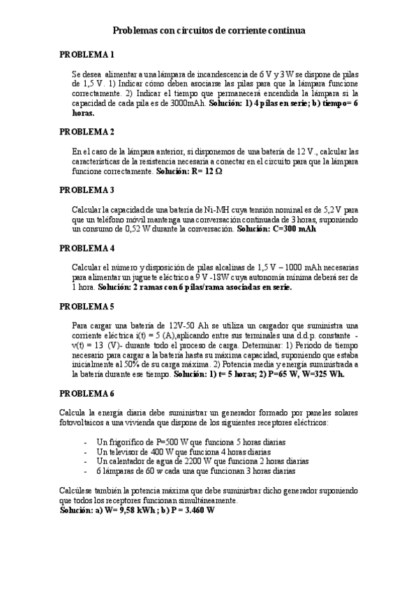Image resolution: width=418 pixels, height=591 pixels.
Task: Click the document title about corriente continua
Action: point(209,31)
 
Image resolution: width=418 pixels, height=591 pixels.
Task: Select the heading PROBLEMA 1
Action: point(87,54)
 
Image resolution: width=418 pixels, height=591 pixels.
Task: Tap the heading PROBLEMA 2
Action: point(87,132)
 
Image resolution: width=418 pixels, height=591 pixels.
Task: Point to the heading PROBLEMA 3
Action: point(87,190)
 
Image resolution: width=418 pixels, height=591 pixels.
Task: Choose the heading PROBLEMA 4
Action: point(87,248)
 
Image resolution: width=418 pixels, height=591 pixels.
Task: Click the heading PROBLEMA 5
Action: point(87,307)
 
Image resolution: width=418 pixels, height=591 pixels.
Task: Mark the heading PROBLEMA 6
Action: point(87,394)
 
